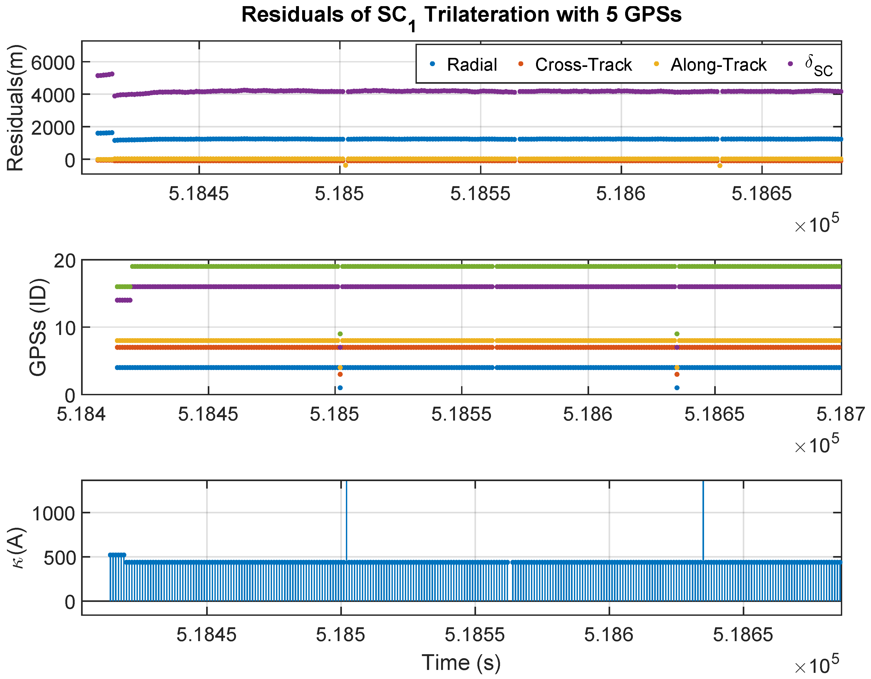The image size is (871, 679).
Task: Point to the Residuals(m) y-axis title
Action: (16, 108)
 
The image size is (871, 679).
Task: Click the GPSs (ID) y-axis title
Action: (38, 327)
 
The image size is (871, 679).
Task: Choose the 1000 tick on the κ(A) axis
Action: (53, 514)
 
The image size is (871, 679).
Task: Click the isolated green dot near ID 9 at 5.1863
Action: (677, 334)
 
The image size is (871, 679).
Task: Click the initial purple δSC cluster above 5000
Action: (105, 75)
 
